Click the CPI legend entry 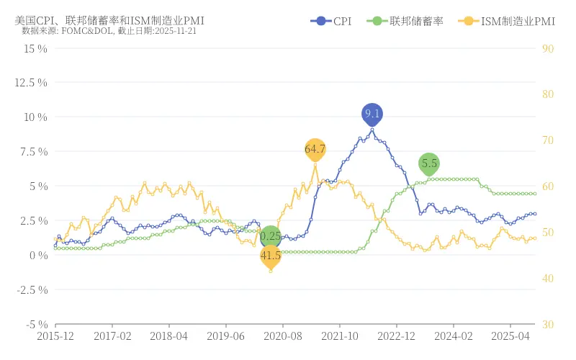click(x=331, y=22)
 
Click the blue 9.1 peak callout click(x=372, y=114)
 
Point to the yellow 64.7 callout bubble click(x=315, y=149)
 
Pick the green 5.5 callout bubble click(x=429, y=163)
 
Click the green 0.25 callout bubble click(x=271, y=236)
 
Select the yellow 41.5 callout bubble click(x=271, y=256)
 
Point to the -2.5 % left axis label click(x=32, y=290)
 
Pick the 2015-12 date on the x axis click(x=55, y=336)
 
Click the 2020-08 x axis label click(x=283, y=336)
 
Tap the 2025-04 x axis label click(x=510, y=336)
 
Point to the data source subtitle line click(x=109, y=32)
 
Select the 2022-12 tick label click(x=397, y=336)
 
